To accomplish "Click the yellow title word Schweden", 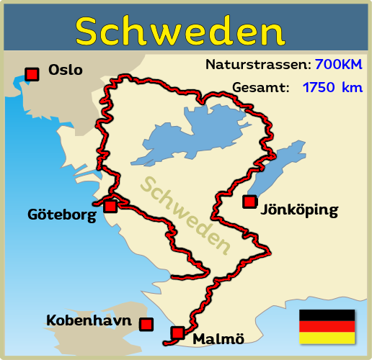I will tap(180, 31).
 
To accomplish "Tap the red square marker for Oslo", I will tap(32, 73).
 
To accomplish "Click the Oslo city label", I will tap(66, 71).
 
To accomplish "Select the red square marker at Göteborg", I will tap(110, 206).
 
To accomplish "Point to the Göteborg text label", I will tap(62, 215).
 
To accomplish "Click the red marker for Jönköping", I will tap(249, 202).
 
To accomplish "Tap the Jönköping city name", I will tap(298, 211).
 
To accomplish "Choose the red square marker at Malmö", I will tap(177, 333).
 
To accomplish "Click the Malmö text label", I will tap(218, 338).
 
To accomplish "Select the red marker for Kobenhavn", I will tap(146, 324).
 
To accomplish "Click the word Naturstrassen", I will tap(257, 64).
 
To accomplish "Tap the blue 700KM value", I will tap(338, 64).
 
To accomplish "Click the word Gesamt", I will tap(260, 88).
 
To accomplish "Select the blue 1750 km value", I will tap(332, 88).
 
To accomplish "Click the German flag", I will tap(327, 326).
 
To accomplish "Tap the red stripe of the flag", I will tap(327, 326).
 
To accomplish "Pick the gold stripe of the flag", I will tap(327, 337).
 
